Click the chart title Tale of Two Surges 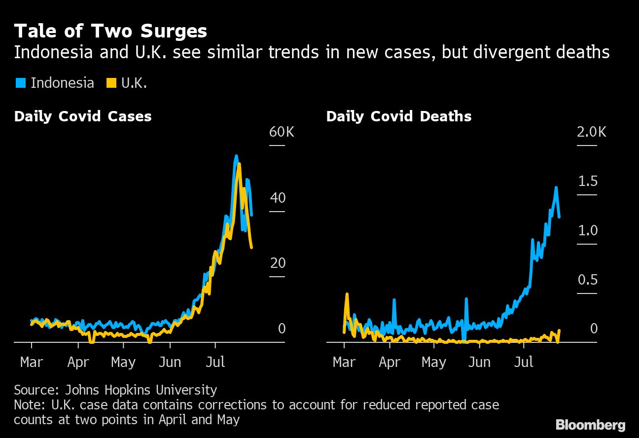(x=110, y=32)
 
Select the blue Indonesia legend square (x=20, y=83)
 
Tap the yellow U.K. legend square (x=111, y=83)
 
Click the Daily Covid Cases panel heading (x=83, y=116)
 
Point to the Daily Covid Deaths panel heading (x=398, y=116)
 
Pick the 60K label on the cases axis (x=281, y=132)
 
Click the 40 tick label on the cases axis (x=278, y=198)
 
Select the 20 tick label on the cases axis (x=278, y=263)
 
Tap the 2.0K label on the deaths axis (x=592, y=132)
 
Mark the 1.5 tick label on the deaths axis (x=587, y=182)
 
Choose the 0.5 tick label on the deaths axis (x=587, y=280)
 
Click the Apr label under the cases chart (x=78, y=363)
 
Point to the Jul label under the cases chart (x=215, y=363)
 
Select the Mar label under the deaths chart (x=344, y=363)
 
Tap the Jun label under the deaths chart (x=479, y=363)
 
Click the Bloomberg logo (x=590, y=425)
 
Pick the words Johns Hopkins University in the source (x=141, y=390)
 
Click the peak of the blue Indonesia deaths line (x=556, y=188)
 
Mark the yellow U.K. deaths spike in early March (x=347, y=294)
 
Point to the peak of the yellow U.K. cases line (x=239, y=164)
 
